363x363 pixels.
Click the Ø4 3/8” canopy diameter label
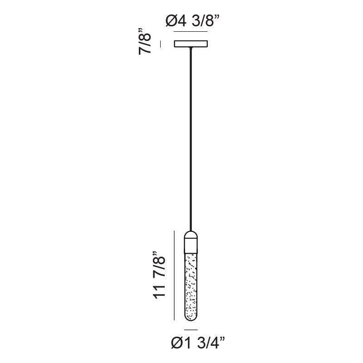point(192,21)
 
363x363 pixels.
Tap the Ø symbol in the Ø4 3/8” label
point(172,21)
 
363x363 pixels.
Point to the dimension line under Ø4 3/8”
point(191,31)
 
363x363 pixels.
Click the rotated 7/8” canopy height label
point(145,42)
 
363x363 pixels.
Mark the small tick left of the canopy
point(161,44)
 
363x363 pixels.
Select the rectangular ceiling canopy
point(191,44)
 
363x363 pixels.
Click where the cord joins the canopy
point(191,48)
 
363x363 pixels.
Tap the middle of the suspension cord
point(191,139)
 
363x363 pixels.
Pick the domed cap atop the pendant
point(191,235)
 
